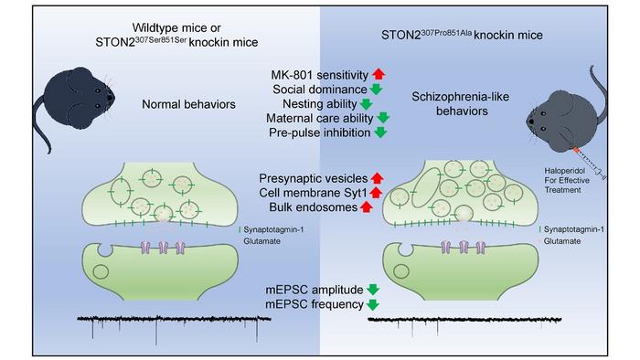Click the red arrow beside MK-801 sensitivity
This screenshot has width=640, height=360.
coord(377,73)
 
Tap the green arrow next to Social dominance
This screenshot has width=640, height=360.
coord(377,89)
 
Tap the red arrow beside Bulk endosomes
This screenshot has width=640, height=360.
coord(366,207)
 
